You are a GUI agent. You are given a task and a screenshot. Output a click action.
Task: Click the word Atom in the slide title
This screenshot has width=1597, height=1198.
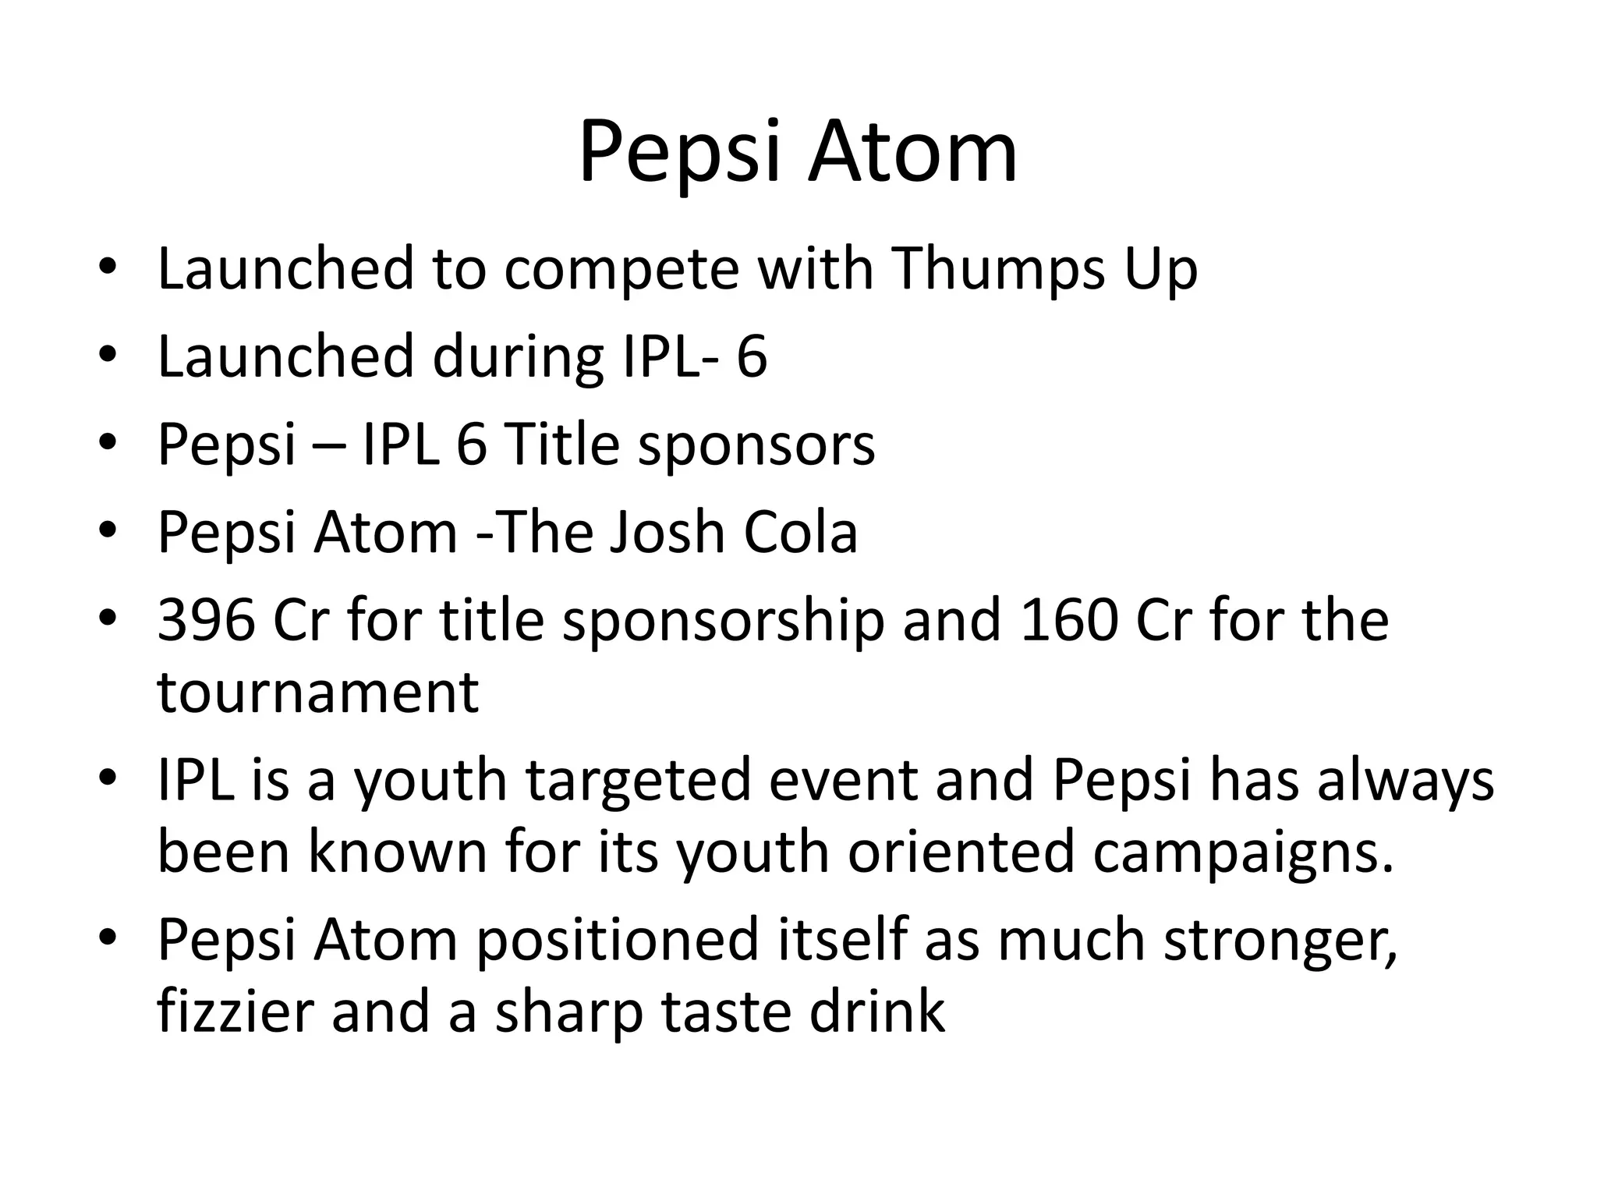coord(912,152)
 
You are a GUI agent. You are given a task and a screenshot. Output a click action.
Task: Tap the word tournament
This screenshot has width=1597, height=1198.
coord(318,693)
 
